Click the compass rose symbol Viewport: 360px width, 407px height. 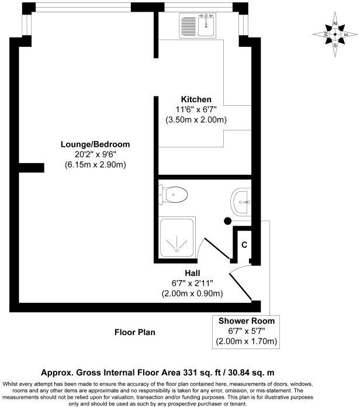(x=335, y=35)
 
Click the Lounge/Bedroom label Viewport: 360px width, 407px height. (x=95, y=144)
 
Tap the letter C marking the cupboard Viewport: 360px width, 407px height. (x=244, y=244)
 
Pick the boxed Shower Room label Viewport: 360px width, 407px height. (x=246, y=321)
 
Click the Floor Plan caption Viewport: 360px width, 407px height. (x=135, y=332)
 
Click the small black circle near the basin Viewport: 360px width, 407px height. (x=227, y=221)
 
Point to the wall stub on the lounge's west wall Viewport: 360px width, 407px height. (x=31, y=168)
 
